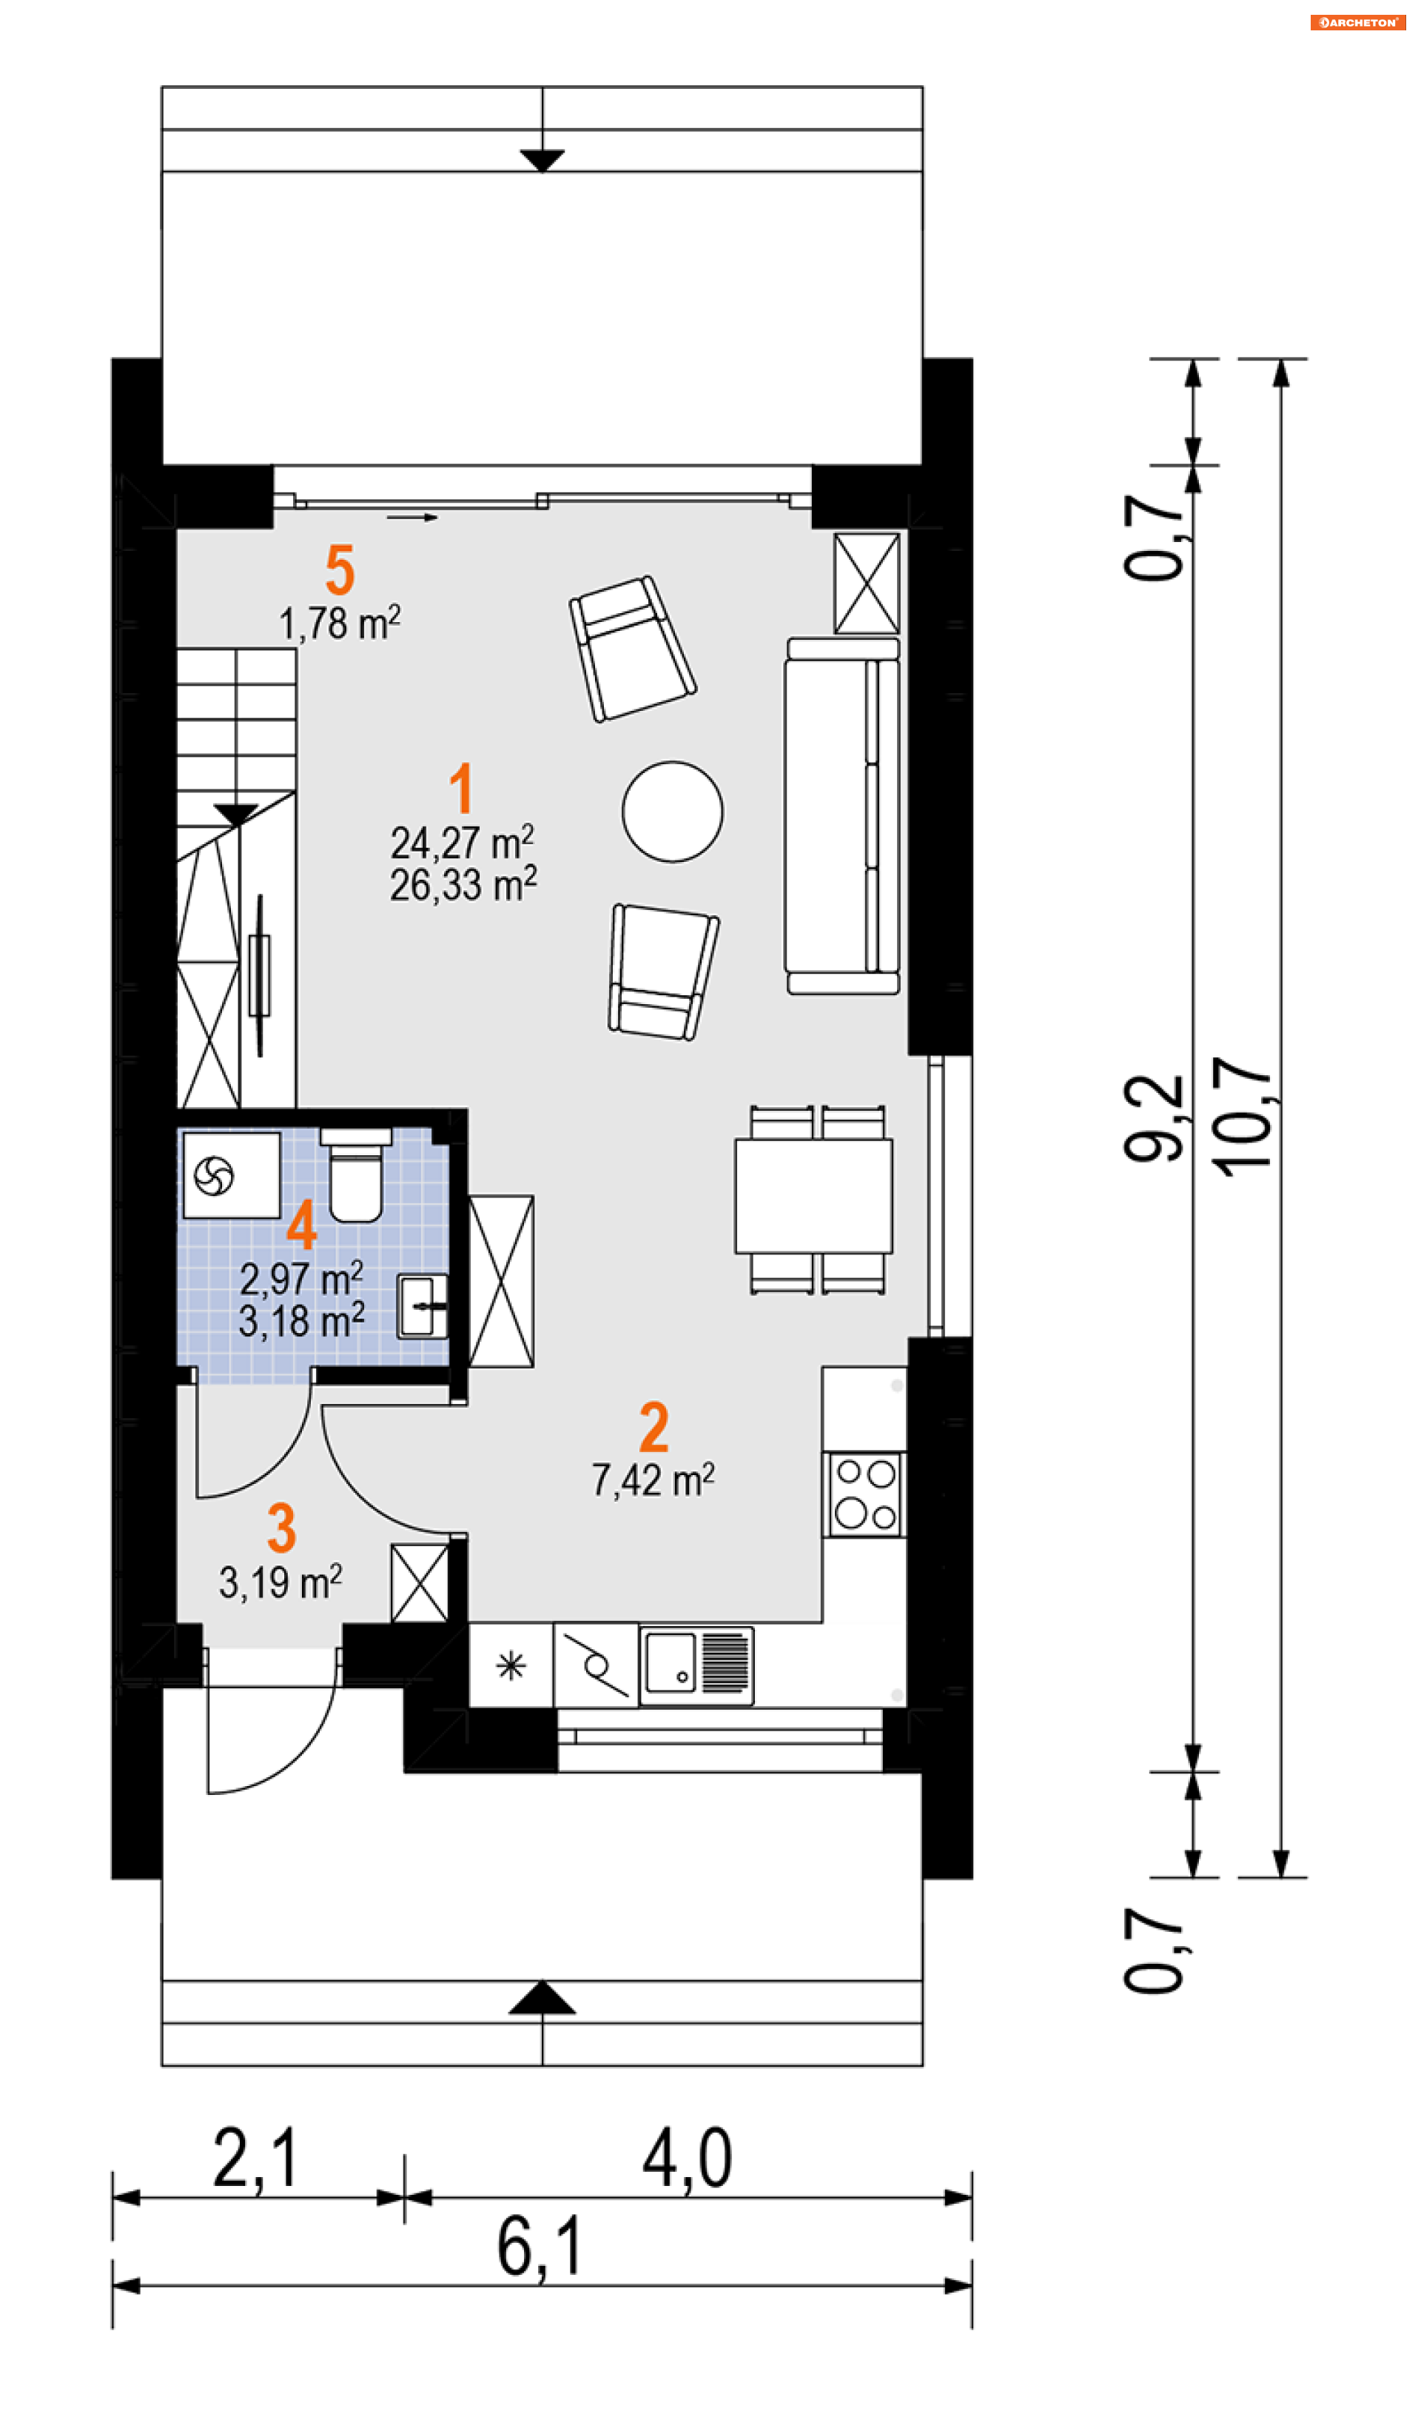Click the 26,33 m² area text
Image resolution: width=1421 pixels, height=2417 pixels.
point(463,883)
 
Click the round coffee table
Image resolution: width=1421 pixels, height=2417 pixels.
point(673,812)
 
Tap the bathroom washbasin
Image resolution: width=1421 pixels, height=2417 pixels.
point(423,1306)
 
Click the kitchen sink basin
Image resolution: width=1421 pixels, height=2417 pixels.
point(671,1663)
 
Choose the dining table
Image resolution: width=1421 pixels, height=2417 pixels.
point(814,1196)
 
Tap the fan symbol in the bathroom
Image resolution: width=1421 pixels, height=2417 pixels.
point(214,1176)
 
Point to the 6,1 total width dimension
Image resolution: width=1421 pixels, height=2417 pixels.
point(539,2247)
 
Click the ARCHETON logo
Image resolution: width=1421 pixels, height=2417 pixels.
point(1357,22)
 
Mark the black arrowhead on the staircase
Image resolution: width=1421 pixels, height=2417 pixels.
point(236,815)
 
